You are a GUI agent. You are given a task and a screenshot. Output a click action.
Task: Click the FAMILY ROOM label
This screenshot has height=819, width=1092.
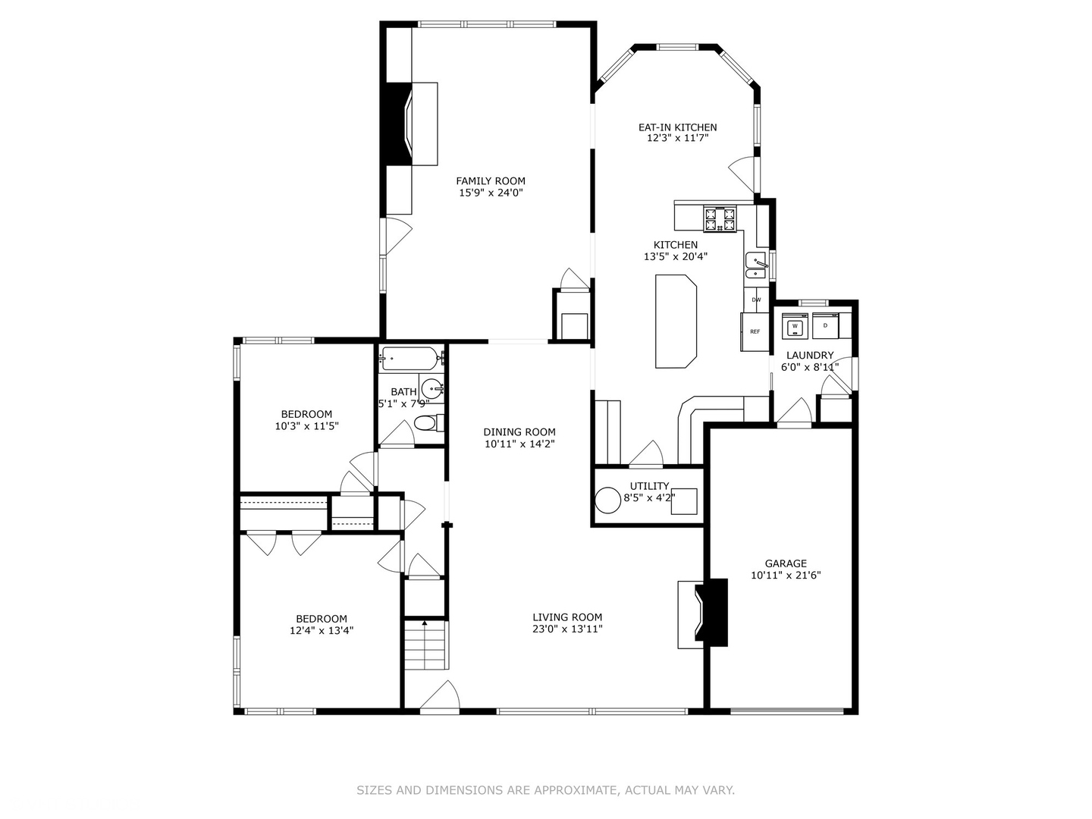[491, 180]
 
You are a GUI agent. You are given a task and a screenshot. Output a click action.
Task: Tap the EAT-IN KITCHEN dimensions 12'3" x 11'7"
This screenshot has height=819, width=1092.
[677, 139]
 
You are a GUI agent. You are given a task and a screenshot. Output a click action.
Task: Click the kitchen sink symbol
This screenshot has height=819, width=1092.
[755, 266]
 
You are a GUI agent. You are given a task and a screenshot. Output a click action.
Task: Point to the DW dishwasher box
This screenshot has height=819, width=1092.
[756, 300]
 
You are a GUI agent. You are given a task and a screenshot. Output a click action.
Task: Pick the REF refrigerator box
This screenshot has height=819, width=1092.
[755, 331]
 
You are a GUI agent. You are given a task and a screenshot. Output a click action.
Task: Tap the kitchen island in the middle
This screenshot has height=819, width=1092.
[676, 321]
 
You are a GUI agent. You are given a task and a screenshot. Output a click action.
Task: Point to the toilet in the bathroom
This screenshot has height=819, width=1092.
[428, 422]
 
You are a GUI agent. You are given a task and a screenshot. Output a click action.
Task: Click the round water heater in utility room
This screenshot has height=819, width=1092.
[608, 500]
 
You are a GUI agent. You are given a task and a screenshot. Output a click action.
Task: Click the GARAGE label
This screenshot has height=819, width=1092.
[786, 563]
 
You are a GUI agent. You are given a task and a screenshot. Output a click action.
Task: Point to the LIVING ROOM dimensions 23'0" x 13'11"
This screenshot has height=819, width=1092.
[567, 629]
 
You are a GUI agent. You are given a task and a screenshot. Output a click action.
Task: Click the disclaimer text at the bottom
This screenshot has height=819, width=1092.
[545, 790]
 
